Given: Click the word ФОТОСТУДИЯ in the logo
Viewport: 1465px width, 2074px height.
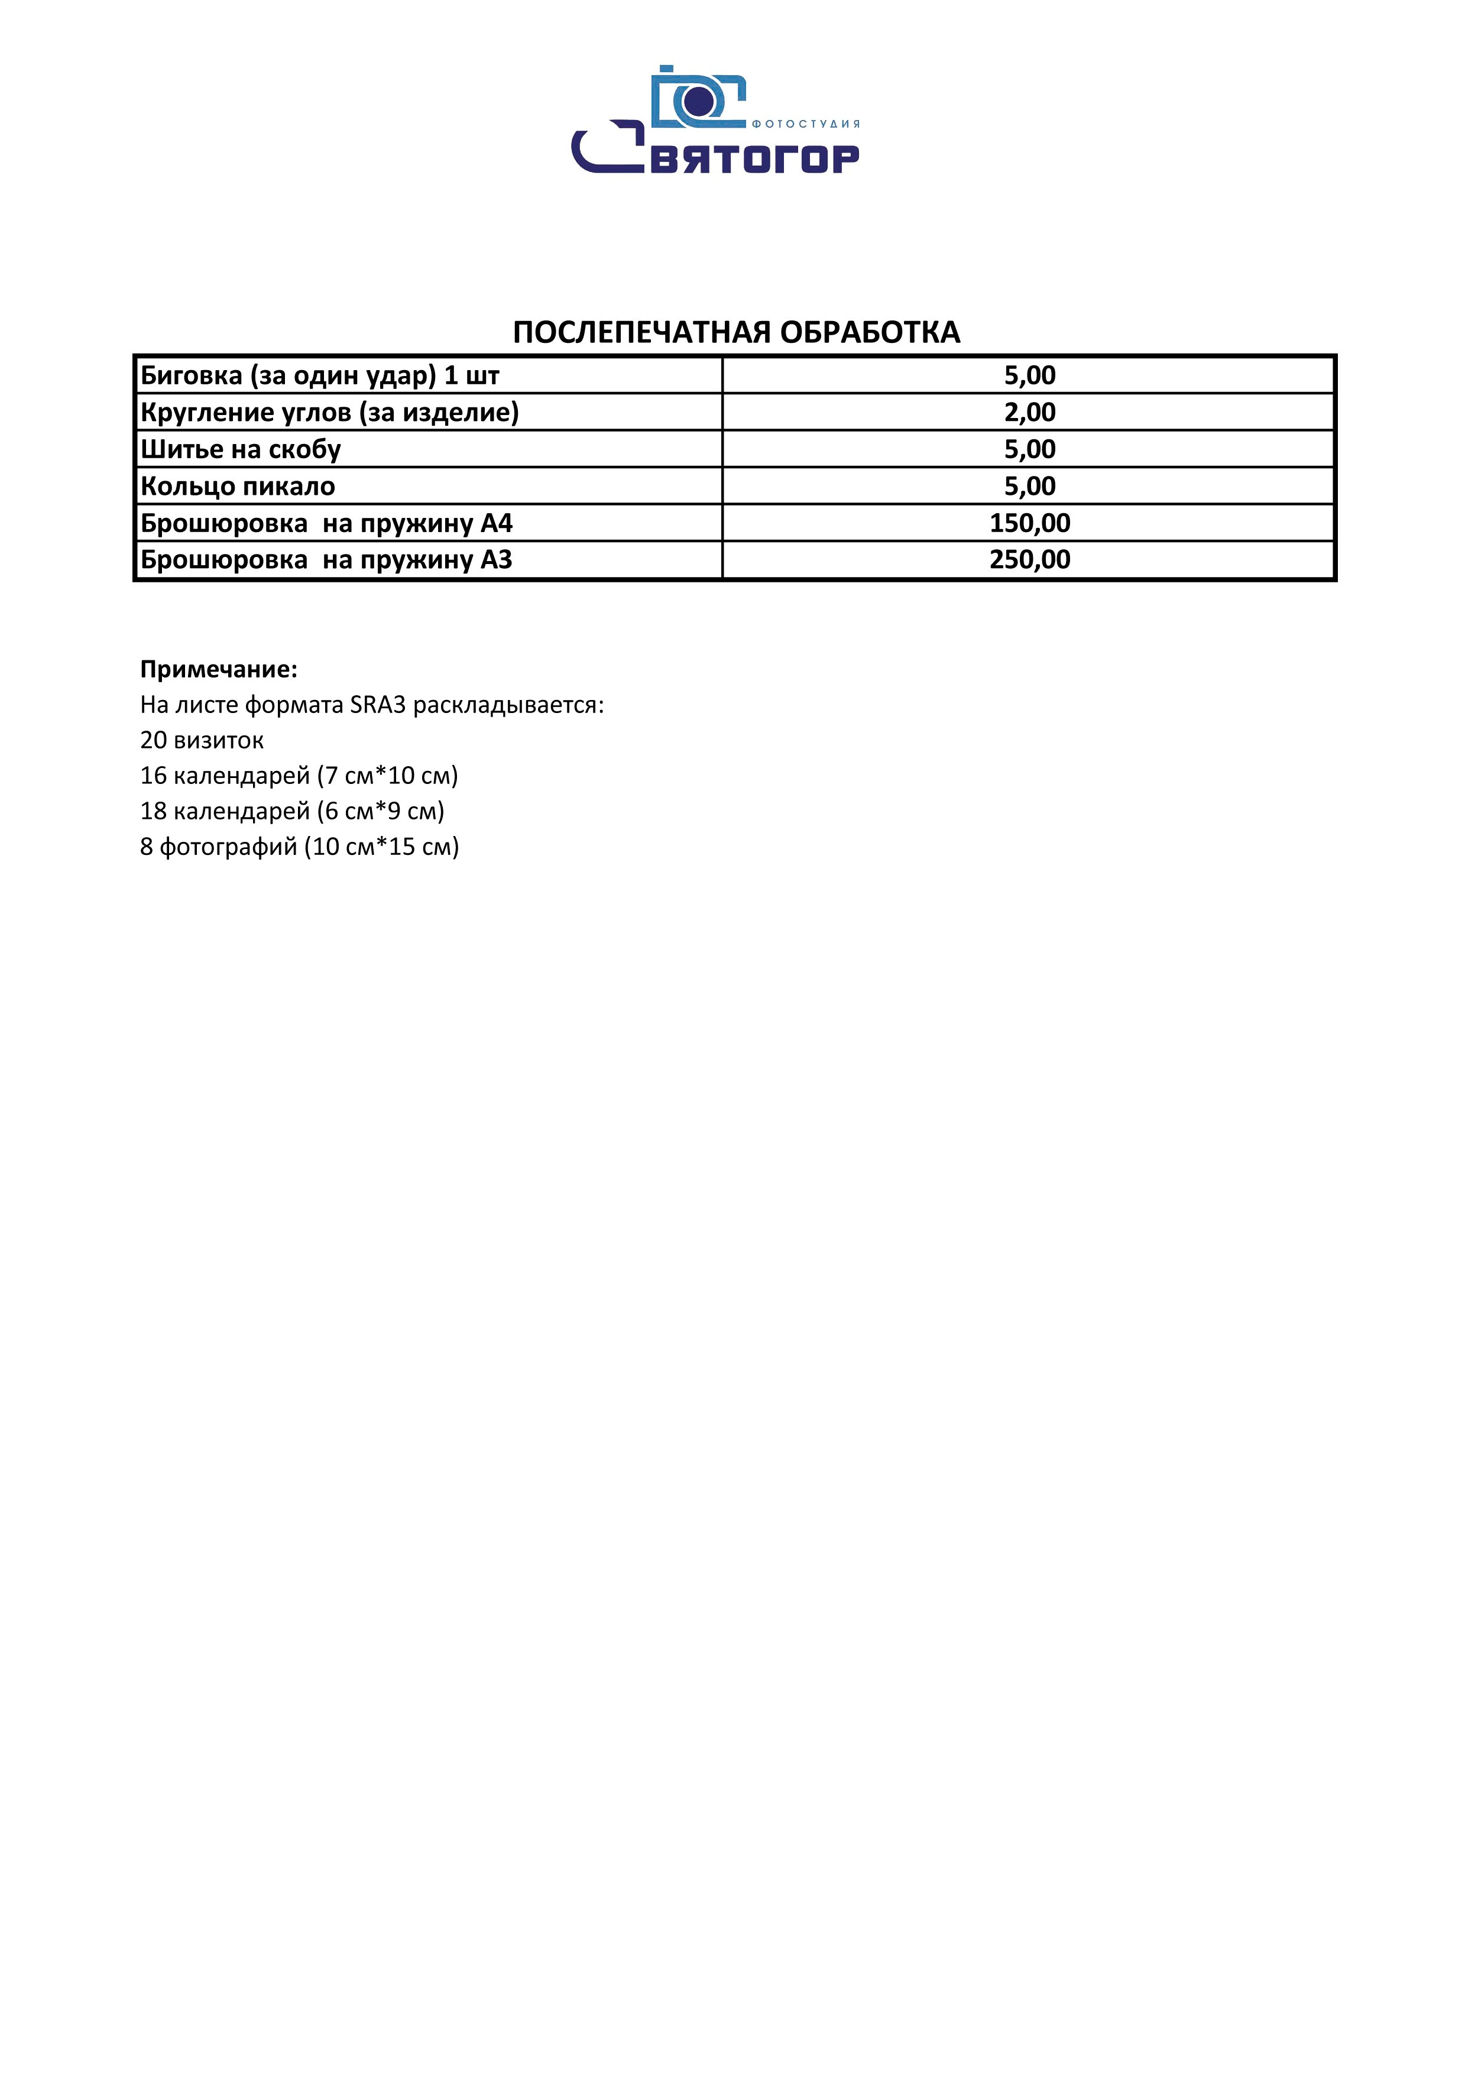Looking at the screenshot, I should [806, 124].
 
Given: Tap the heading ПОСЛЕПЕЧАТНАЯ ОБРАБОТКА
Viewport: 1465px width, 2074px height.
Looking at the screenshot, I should [735, 332].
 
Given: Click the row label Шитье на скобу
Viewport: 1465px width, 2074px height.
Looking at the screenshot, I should [240, 450].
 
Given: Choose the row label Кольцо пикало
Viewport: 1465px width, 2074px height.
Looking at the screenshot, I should [238, 487].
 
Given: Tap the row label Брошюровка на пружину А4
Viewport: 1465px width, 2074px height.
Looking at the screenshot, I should [326, 524].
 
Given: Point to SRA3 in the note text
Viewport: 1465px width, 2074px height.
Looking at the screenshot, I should [378, 705].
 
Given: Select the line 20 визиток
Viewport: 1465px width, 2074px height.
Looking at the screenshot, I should [202, 741].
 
